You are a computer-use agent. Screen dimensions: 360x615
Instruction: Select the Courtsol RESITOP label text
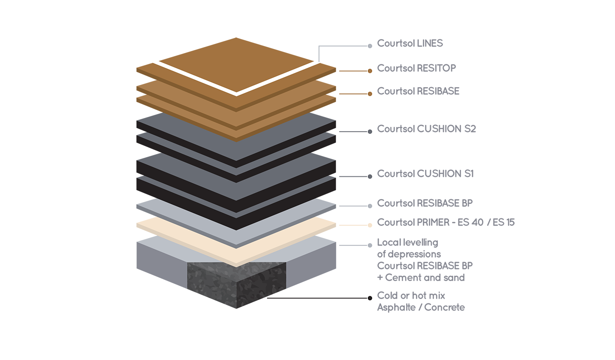416,68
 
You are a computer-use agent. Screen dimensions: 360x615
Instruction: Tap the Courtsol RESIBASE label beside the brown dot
418,91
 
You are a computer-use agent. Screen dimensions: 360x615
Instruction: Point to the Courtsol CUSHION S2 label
426,129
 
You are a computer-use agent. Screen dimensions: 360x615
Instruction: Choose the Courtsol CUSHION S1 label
425,174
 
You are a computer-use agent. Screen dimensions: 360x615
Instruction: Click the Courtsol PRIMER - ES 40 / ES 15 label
446,222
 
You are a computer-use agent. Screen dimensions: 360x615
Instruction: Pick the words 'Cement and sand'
425,278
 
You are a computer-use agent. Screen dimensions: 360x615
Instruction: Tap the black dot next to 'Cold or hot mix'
370,298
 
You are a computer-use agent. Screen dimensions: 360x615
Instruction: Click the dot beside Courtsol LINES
370,45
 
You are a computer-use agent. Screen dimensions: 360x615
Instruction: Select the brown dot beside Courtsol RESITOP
370,71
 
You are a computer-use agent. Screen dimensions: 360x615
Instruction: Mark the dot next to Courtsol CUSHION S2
370,131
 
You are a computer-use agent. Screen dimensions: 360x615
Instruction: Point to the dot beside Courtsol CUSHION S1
370,176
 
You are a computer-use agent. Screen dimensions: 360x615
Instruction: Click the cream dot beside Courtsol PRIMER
370,225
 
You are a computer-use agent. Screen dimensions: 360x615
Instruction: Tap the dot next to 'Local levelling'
370,245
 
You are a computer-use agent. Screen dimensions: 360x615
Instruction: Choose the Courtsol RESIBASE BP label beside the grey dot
425,203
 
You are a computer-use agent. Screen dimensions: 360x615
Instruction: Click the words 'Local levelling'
407,242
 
